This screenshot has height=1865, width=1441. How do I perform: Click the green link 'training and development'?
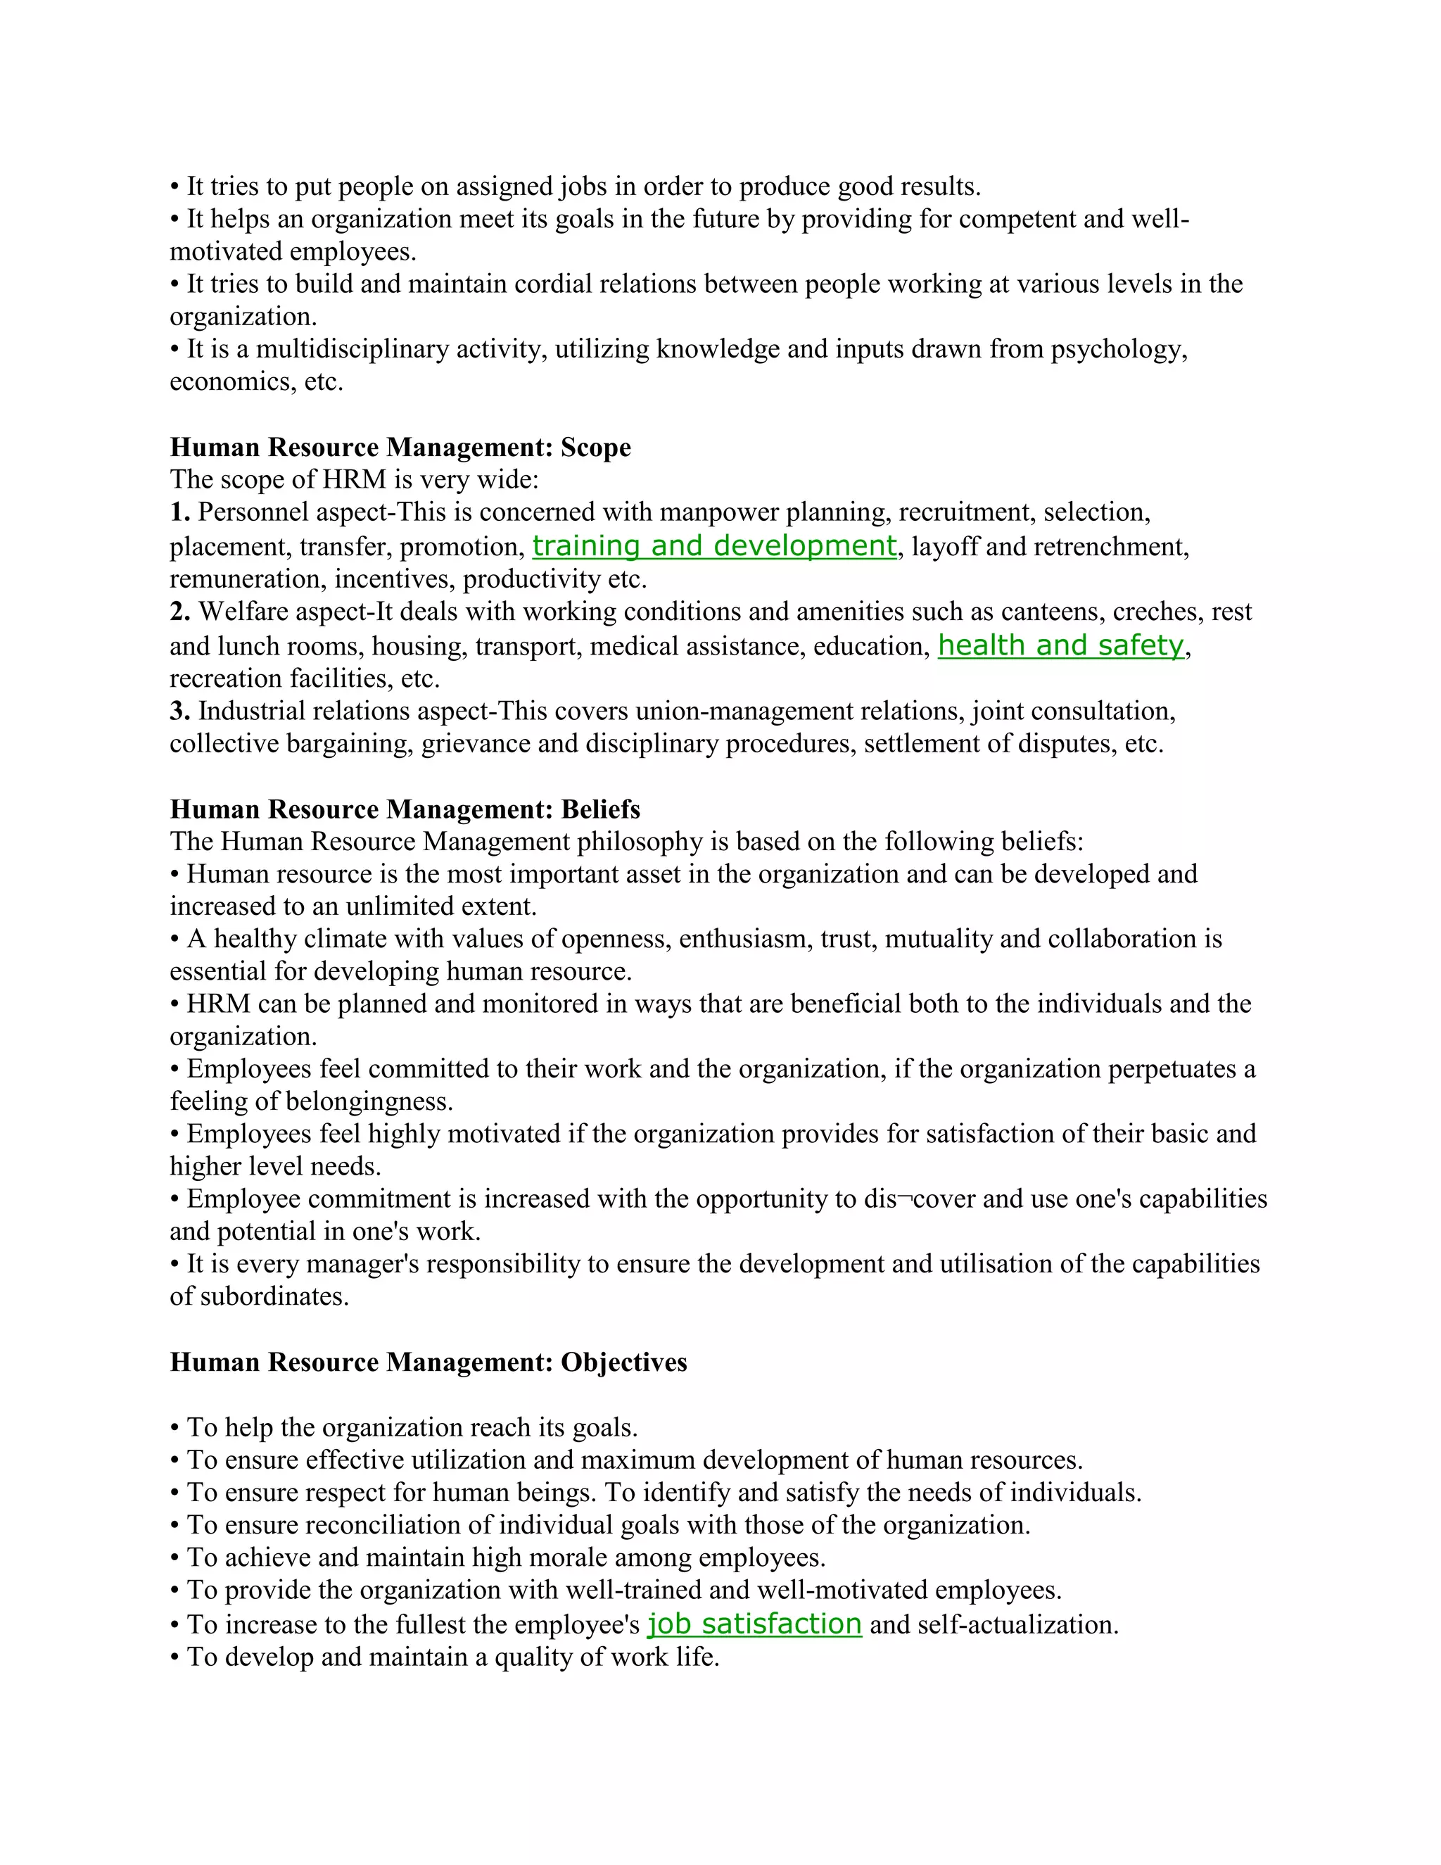(713, 545)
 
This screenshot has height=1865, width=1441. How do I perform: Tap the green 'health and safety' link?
(1060, 645)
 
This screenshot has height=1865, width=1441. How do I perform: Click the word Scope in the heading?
(595, 448)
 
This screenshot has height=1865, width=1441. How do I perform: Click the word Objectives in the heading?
(623, 1361)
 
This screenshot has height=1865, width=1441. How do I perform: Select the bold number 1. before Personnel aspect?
(179, 512)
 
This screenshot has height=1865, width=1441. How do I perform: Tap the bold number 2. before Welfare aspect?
(179, 612)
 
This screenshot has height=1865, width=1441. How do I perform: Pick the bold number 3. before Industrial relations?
(179, 711)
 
